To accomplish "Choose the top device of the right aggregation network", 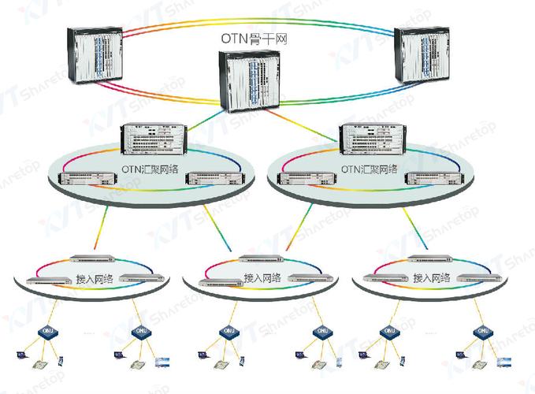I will click(x=370, y=140).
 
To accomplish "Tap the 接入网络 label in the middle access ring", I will click(x=261, y=279).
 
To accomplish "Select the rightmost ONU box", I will click(x=480, y=332).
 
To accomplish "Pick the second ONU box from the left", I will click(x=140, y=333).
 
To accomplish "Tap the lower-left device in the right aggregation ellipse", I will click(x=305, y=179).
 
